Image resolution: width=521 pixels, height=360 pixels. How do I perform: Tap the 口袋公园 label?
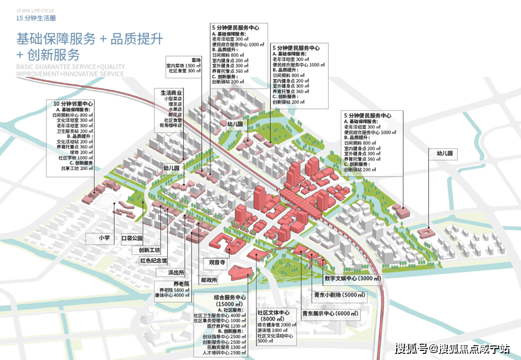[x=132, y=238]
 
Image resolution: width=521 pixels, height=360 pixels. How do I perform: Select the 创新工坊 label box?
[x=149, y=250]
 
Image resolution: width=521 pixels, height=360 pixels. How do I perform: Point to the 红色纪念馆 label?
[x=153, y=261]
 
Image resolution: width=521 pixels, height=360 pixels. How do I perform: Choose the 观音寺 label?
[x=217, y=263]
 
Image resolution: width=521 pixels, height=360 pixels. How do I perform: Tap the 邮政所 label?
[x=209, y=280]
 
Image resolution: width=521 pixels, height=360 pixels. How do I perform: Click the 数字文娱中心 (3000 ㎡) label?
[x=353, y=279]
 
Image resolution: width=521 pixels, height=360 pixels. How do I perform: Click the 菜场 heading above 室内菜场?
[x=196, y=60]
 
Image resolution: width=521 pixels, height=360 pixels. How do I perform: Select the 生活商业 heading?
[x=171, y=92]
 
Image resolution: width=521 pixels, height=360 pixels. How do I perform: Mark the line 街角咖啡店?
[x=171, y=125]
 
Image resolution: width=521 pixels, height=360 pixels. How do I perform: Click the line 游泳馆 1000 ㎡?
[x=273, y=330]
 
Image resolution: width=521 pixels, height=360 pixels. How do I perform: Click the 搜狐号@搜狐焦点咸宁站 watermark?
[x=452, y=349]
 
